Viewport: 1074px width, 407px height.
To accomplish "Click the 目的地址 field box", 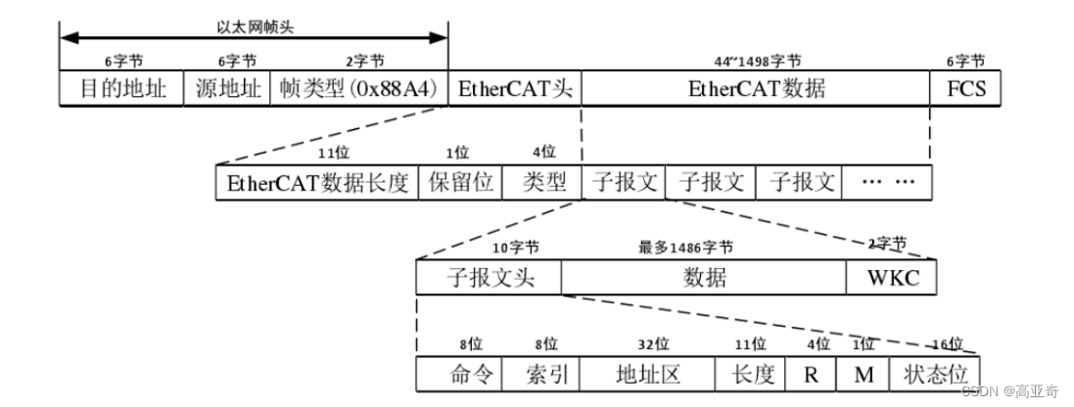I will point(121,90).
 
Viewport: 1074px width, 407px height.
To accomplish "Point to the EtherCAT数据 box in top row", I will point(756,90).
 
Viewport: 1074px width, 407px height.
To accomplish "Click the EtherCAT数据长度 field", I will point(317,183).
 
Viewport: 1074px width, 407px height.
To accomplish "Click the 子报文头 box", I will point(489,277).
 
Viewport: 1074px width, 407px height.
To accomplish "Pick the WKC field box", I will point(890,277).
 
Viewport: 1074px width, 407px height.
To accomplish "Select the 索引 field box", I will point(541,375).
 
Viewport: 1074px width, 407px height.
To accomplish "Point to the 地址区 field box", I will point(647,375).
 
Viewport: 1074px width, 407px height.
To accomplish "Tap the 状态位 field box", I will point(934,375).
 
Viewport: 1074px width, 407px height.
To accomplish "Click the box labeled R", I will point(811,375).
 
